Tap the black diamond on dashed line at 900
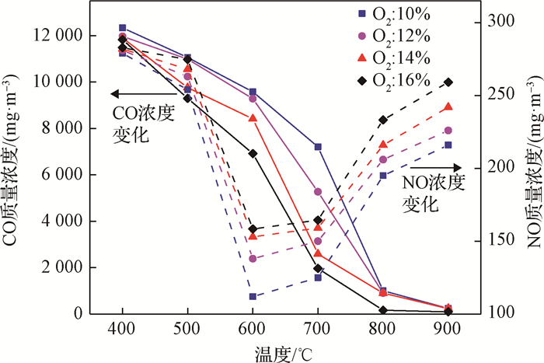tap(448, 82)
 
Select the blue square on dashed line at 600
tap(253, 296)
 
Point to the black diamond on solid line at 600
tap(253, 153)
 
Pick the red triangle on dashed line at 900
tap(448, 107)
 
